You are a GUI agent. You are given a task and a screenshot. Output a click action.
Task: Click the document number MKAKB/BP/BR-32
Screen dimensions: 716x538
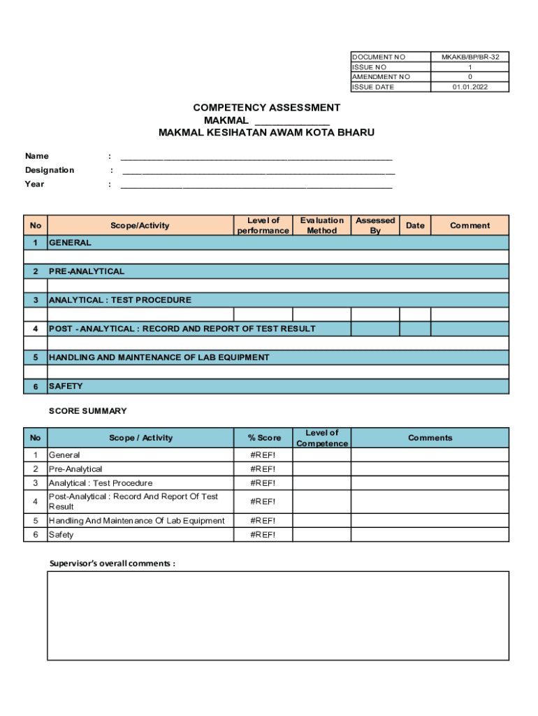470,57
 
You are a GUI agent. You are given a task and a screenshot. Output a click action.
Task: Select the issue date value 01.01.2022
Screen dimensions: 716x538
470,87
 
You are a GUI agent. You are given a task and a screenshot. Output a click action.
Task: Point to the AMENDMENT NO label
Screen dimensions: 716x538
381,77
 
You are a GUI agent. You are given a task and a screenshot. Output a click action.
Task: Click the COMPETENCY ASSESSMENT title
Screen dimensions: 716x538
266,108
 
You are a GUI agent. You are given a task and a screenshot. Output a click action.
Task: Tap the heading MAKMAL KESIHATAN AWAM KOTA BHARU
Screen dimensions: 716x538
266,132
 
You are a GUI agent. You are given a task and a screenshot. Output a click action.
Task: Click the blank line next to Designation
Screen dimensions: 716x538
259,171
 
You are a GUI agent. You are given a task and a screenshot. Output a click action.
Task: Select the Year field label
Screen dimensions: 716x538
35,184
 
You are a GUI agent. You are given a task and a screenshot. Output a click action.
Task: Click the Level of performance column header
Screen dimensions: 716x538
263,225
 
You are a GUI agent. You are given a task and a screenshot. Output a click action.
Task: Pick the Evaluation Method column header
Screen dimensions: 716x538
321,225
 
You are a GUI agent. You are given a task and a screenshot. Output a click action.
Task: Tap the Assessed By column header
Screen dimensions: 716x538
375,225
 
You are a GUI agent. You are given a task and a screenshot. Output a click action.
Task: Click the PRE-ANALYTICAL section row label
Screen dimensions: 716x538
87,271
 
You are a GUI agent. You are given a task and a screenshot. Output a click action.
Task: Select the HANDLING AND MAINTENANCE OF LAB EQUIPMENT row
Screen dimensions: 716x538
159,357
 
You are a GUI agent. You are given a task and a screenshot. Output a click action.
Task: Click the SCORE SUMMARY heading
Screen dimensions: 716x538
88,411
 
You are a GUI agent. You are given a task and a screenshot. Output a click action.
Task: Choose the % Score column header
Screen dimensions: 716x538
263,438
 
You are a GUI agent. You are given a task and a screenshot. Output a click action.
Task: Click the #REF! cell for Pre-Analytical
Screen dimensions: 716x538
263,469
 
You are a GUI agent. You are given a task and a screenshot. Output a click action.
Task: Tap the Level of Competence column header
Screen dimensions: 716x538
321,438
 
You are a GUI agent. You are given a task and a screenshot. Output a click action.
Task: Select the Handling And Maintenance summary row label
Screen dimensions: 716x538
137,520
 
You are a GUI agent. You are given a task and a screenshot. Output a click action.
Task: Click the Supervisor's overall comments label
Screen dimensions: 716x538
112,564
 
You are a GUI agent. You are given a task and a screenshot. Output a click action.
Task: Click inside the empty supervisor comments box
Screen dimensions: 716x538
278,615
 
